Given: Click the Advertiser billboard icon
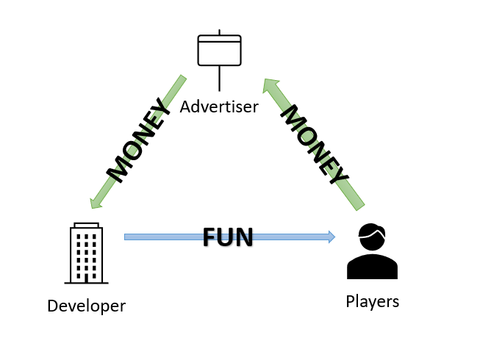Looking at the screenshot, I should (x=219, y=51).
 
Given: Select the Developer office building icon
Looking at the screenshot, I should (x=86, y=254).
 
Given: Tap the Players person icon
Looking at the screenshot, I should (x=372, y=252).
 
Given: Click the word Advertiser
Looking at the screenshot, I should (x=219, y=107).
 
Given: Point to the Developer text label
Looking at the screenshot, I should (x=86, y=306).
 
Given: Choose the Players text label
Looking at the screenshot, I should (x=372, y=301).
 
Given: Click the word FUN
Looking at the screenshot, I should (x=228, y=237).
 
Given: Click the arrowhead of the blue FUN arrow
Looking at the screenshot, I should (x=331, y=237).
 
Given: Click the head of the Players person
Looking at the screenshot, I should (x=372, y=237).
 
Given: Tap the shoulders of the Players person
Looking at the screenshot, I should (x=372, y=267).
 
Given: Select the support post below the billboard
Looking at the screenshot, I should (x=219, y=78).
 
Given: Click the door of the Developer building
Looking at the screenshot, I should (x=86, y=278).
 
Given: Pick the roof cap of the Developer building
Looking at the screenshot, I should (x=86, y=224).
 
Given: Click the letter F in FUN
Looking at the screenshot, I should (x=209, y=237).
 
